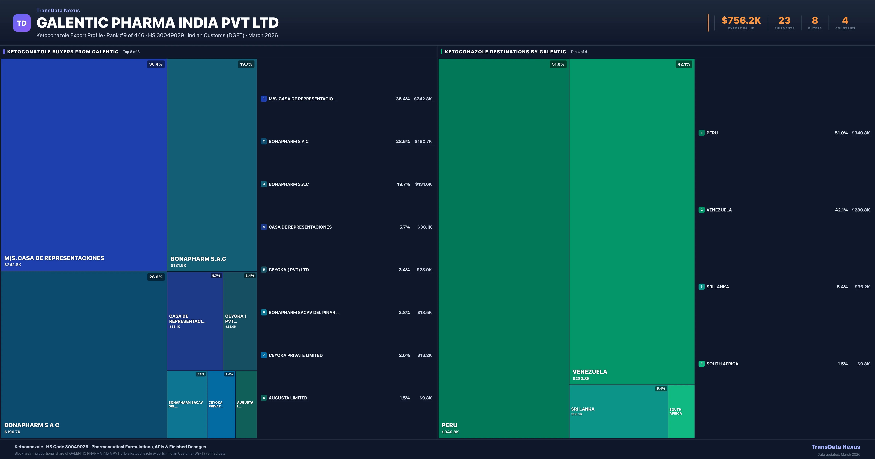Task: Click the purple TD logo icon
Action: click(x=22, y=23)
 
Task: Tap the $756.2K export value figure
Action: click(x=741, y=21)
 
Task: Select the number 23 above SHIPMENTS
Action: click(x=784, y=21)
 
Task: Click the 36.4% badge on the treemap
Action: click(x=155, y=64)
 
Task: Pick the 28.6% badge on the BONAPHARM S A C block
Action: click(x=155, y=277)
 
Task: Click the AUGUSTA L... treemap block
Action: click(x=246, y=404)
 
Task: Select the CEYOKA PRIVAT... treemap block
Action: click(x=221, y=404)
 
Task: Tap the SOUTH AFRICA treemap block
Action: click(x=681, y=411)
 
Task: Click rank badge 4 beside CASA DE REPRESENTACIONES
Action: click(x=264, y=227)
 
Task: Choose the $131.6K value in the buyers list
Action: click(x=423, y=184)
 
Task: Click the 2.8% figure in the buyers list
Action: click(x=404, y=312)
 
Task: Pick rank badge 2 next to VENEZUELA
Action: click(x=701, y=210)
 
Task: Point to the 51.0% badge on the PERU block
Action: click(x=558, y=64)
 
